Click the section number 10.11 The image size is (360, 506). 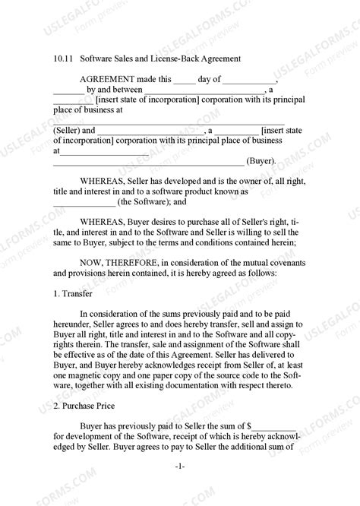(63, 58)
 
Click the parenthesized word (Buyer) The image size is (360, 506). (261, 161)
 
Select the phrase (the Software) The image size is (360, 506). (141, 203)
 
